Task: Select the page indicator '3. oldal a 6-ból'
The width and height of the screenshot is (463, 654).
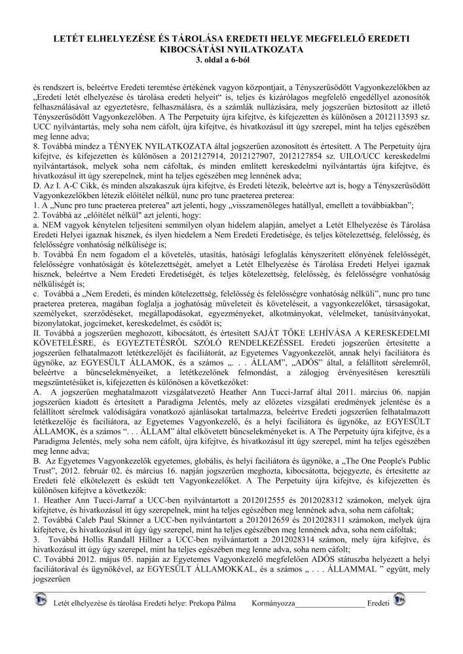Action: click(231, 60)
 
